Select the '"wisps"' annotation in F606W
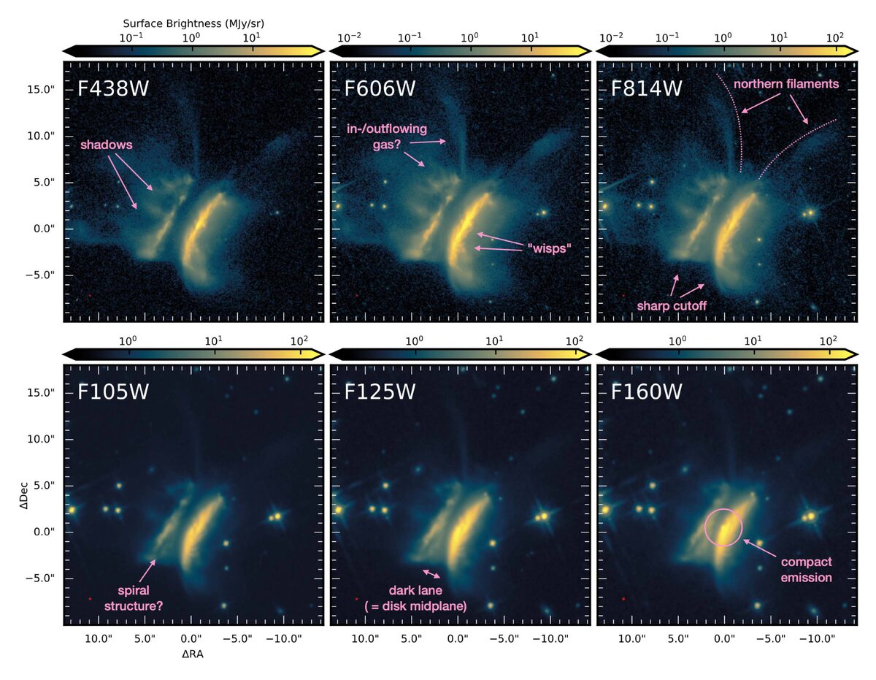click(547, 248)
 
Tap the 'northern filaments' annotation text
click(786, 84)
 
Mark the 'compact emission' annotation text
click(806, 570)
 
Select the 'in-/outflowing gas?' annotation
click(386, 136)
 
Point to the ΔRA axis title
click(193, 655)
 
